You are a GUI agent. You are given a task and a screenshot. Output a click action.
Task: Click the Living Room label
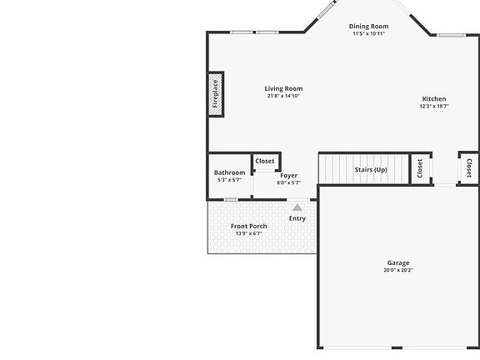pyautogui.click(x=283, y=88)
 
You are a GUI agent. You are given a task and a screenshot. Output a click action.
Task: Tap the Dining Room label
pyautogui.click(x=368, y=27)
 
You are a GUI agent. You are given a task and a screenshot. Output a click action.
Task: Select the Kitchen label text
pyautogui.click(x=433, y=99)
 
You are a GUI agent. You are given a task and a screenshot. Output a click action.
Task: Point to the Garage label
pyautogui.click(x=397, y=263)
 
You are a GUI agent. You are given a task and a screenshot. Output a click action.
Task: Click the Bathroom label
pyautogui.click(x=229, y=172)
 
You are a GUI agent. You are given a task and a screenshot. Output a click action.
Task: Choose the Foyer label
pyautogui.click(x=288, y=176)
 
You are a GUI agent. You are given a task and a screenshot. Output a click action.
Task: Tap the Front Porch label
pyautogui.click(x=248, y=227)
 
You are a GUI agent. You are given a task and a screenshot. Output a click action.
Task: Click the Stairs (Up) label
pyautogui.click(x=371, y=170)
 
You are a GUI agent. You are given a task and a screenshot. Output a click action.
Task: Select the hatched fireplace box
pyautogui.click(x=215, y=94)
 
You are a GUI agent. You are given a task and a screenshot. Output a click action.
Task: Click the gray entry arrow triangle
pyautogui.click(x=297, y=207)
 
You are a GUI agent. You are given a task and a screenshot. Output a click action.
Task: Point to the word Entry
pyautogui.click(x=297, y=218)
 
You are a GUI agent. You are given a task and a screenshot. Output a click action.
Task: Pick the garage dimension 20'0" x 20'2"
pyautogui.click(x=397, y=270)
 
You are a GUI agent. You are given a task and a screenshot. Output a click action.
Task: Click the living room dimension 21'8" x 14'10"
pyautogui.click(x=283, y=96)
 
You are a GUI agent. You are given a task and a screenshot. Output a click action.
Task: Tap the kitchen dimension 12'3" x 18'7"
pyautogui.click(x=433, y=106)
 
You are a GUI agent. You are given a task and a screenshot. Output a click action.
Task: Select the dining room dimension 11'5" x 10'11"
pyautogui.click(x=368, y=34)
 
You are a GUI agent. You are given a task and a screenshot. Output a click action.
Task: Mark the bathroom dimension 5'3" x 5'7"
pyautogui.click(x=229, y=180)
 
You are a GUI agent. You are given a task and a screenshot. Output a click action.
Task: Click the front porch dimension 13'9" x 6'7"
pyautogui.click(x=248, y=233)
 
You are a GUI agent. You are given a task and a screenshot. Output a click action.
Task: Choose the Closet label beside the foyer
pyautogui.click(x=265, y=161)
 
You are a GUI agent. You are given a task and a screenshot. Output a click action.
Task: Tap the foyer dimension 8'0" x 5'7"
pyautogui.click(x=288, y=182)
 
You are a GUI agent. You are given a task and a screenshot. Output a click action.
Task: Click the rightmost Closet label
pyautogui.click(x=468, y=167)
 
